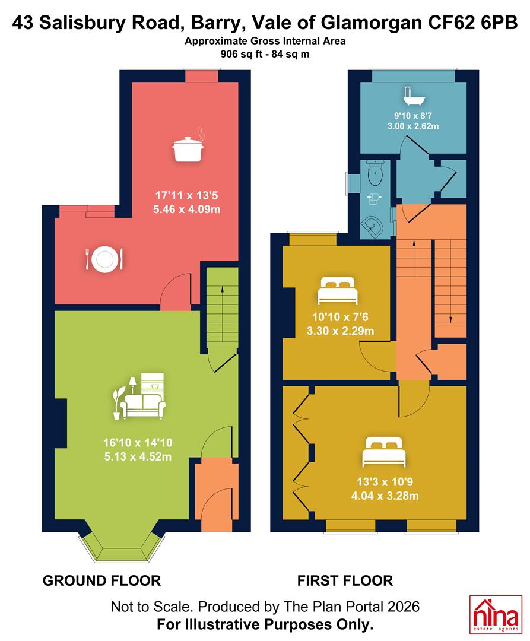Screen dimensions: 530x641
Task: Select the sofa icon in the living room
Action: click(x=139, y=396)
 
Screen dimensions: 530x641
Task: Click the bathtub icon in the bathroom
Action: click(x=414, y=96)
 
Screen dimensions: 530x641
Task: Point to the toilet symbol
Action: click(x=375, y=173)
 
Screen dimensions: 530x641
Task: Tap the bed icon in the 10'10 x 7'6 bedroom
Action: click(x=338, y=290)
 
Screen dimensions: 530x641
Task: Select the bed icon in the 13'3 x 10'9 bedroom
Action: click(x=384, y=452)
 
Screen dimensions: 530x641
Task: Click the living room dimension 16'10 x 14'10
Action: click(x=138, y=443)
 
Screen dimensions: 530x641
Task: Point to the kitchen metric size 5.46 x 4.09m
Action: click(x=187, y=210)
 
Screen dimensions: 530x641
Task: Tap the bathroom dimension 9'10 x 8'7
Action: click(x=412, y=116)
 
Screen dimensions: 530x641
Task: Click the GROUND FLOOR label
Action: click(x=101, y=580)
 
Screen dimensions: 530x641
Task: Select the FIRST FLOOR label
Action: click(x=345, y=580)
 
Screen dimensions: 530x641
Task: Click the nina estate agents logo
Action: click(x=496, y=614)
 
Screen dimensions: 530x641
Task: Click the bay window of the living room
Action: click(x=122, y=546)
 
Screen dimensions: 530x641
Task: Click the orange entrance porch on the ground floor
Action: click(x=216, y=494)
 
